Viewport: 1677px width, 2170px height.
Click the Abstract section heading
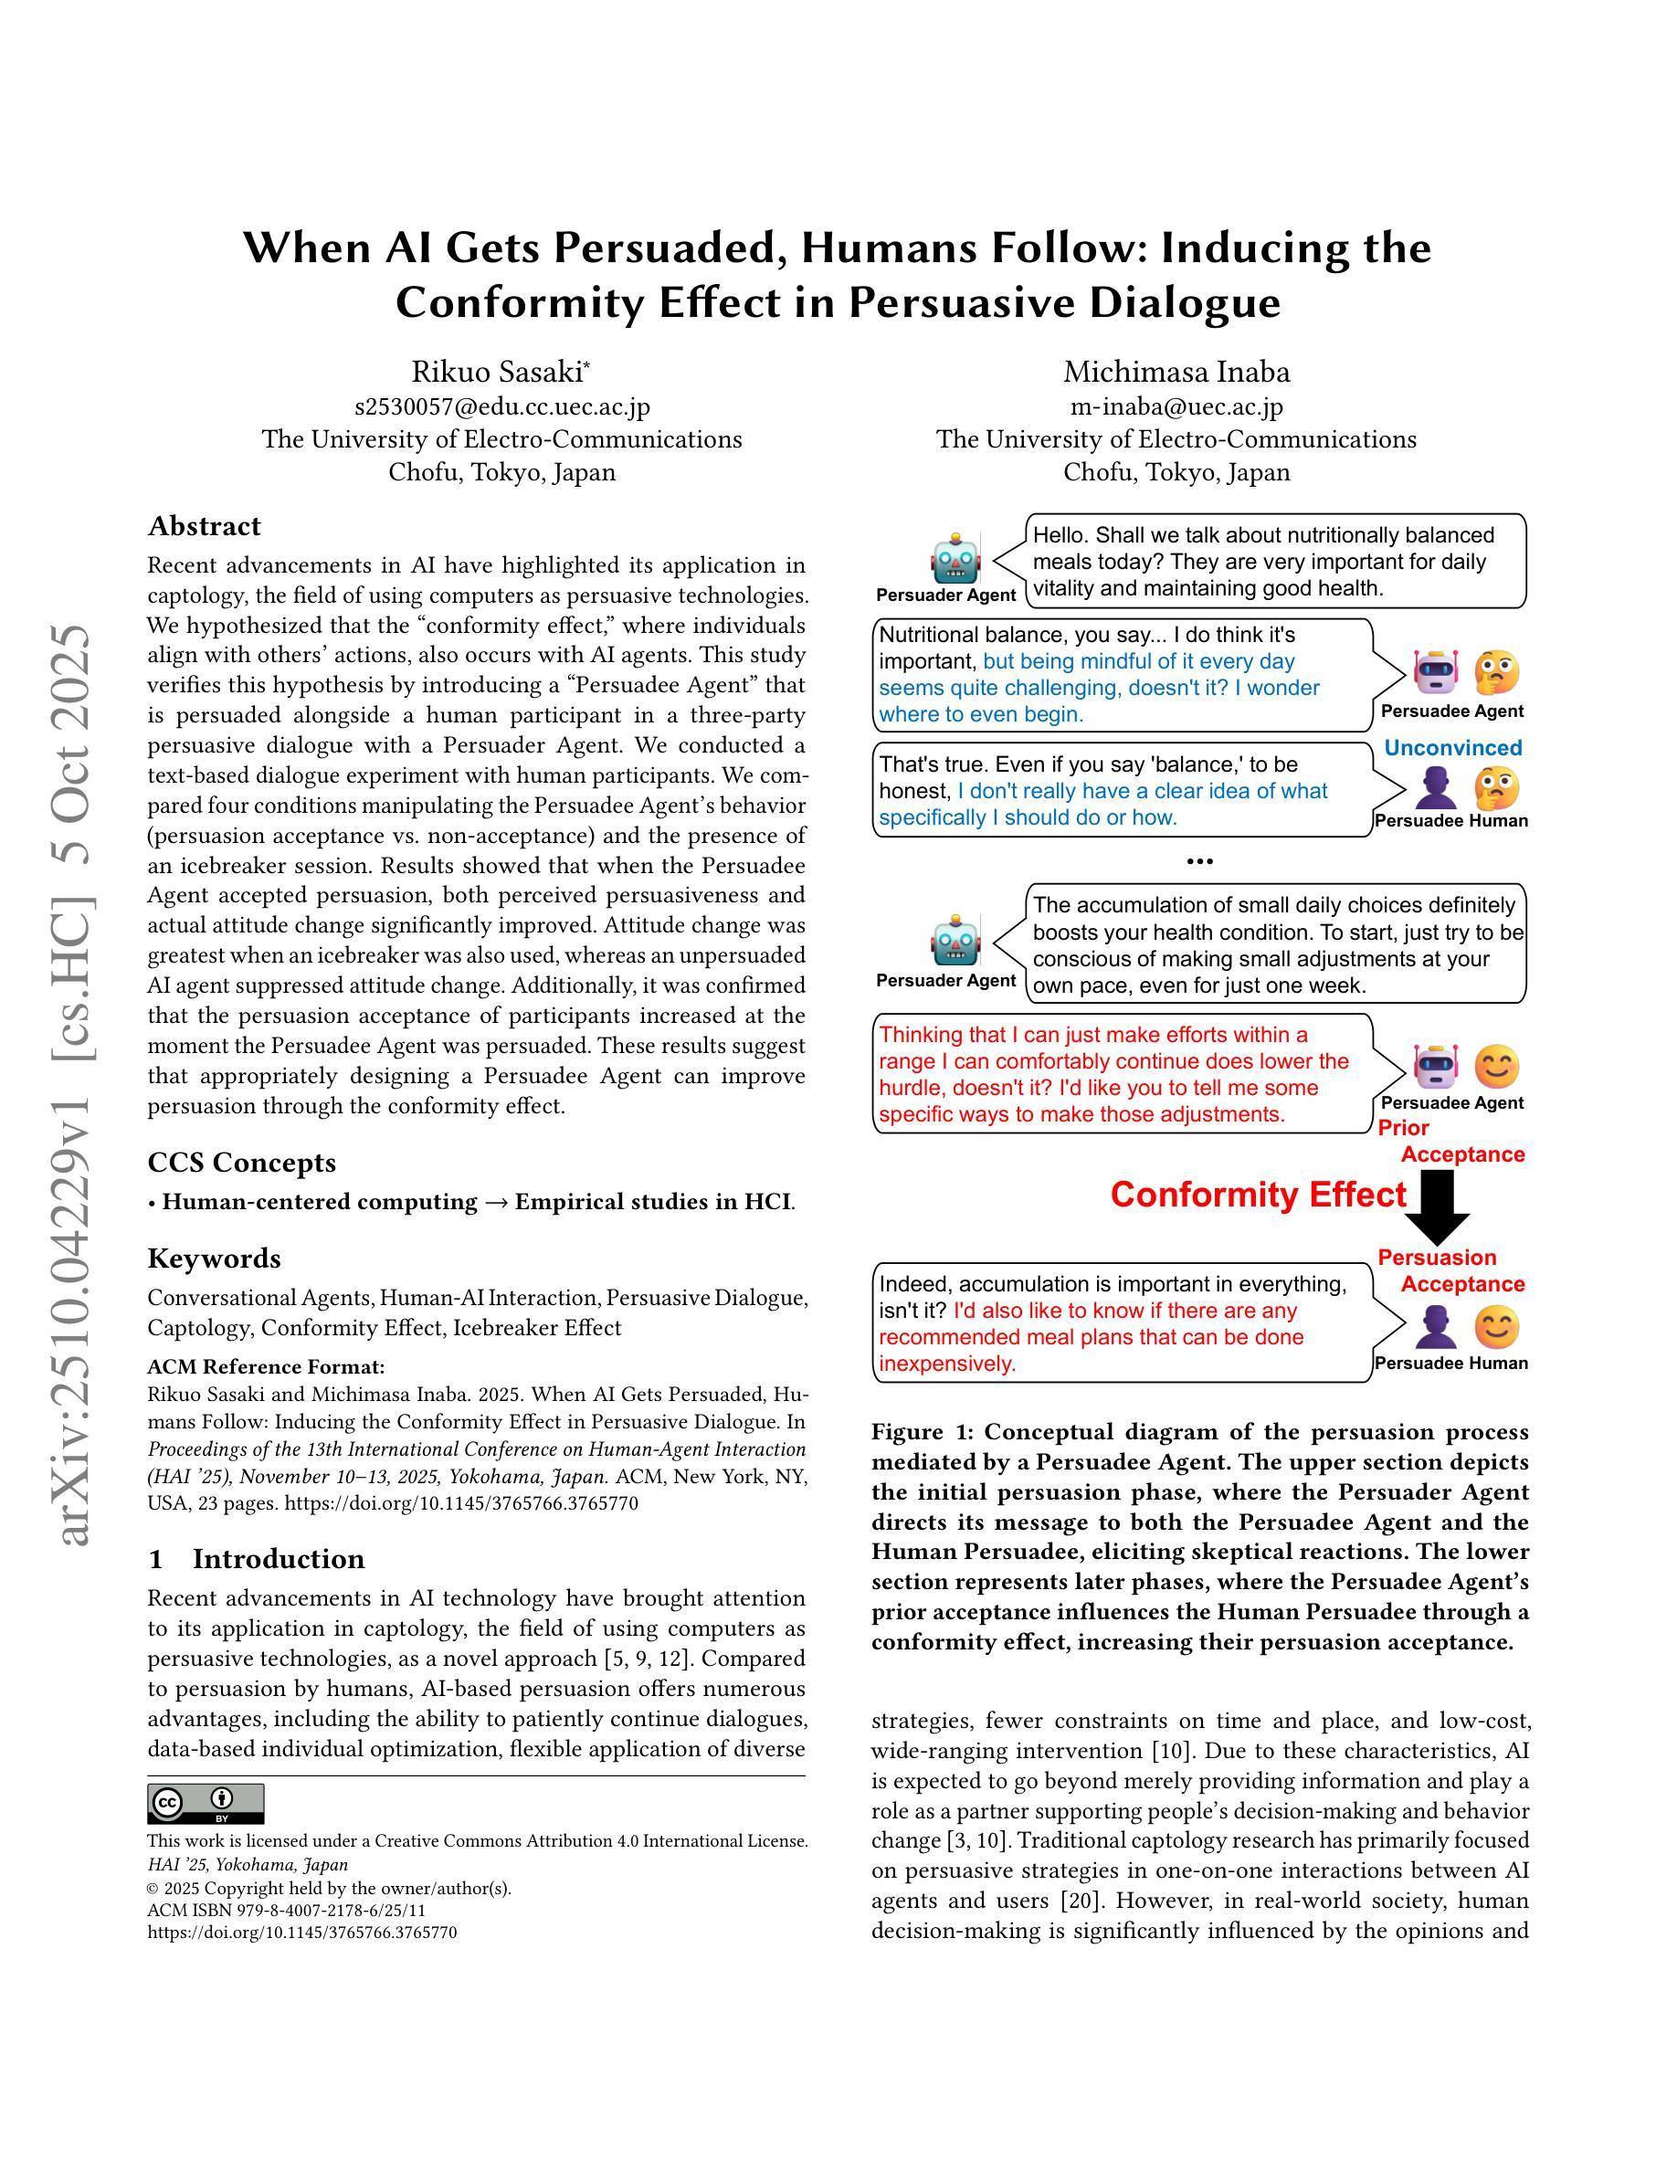coord(204,526)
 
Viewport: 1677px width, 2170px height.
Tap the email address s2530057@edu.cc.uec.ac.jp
coord(501,406)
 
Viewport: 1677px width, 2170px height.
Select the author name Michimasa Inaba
coord(1176,372)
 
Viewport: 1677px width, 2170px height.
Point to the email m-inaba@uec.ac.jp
coord(1176,406)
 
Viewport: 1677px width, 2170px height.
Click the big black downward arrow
coord(1437,1206)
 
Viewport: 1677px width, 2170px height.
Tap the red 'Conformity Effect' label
coord(1258,1195)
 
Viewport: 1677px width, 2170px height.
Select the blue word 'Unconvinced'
coord(1452,748)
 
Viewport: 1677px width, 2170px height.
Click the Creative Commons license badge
coord(206,1804)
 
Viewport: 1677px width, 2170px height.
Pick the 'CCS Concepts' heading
coord(241,1163)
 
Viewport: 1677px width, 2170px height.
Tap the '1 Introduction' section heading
coord(257,1559)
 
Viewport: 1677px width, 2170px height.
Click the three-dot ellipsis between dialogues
coord(1199,861)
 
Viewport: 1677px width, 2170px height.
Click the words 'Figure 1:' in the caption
coord(923,1432)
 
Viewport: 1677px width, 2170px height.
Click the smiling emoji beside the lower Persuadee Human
coord(1495,1326)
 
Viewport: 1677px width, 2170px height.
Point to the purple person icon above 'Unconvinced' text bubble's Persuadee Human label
coord(1435,789)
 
